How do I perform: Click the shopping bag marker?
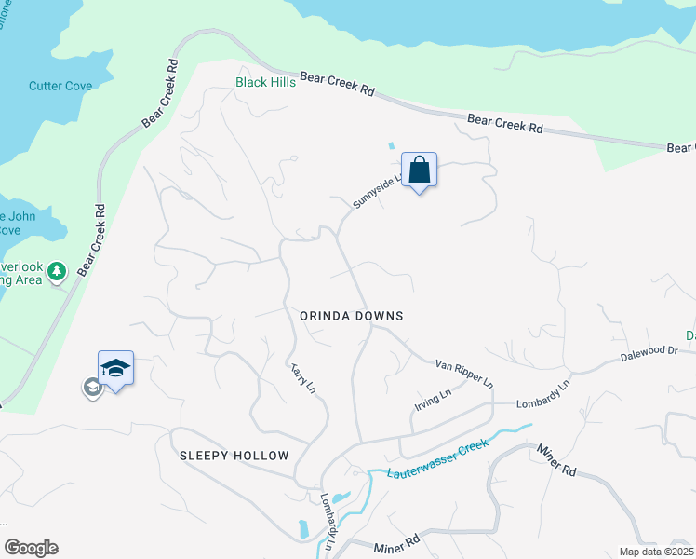click(x=420, y=170)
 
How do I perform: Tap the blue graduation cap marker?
click(x=115, y=369)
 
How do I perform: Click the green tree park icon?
click(x=57, y=271)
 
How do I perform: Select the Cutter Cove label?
click(x=60, y=86)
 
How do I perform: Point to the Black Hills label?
click(x=265, y=82)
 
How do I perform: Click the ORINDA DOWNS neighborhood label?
click(x=352, y=316)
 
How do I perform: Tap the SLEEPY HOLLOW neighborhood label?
click(x=234, y=456)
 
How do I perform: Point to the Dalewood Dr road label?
click(x=649, y=353)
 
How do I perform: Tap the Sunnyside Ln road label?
click(x=377, y=189)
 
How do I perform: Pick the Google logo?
click(x=31, y=548)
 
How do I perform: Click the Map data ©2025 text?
click(x=657, y=551)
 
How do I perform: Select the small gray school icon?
click(x=91, y=388)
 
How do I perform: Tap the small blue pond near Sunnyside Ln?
click(x=390, y=146)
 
